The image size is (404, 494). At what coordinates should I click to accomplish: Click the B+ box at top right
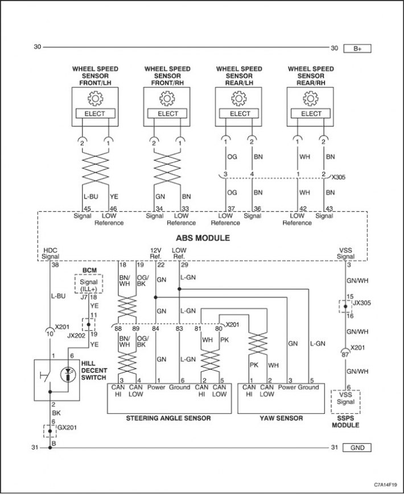[x=357, y=48]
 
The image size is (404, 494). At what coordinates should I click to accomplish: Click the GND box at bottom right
[x=357, y=448]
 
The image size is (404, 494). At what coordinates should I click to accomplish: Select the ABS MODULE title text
[x=203, y=238]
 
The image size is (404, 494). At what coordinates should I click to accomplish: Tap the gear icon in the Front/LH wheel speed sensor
[x=95, y=98]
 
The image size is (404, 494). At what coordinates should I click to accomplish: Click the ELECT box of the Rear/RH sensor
[x=311, y=114]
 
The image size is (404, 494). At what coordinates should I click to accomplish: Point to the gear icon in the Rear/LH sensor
[x=238, y=98]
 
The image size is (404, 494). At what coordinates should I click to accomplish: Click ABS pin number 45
[x=86, y=208]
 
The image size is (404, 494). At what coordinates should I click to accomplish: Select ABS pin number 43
[x=328, y=208]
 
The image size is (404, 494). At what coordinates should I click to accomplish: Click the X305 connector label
[x=339, y=178]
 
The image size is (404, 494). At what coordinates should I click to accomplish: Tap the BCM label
[x=89, y=270]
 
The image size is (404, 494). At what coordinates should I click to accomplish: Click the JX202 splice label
[x=76, y=336]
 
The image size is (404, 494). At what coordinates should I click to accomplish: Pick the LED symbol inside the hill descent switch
[x=68, y=374]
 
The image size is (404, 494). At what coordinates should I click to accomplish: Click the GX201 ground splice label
[x=67, y=427]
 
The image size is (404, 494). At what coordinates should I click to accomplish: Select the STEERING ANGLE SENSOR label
[x=168, y=418]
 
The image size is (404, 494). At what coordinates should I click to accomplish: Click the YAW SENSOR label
[x=281, y=418]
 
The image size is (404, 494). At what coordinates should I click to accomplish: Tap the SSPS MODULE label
[x=345, y=422]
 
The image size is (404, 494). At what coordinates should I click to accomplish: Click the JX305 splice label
[x=362, y=303]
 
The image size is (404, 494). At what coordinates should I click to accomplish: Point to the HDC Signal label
[x=51, y=253]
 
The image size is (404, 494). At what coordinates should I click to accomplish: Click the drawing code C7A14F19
[x=385, y=484]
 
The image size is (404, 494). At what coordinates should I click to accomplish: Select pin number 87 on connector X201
[x=345, y=355]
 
